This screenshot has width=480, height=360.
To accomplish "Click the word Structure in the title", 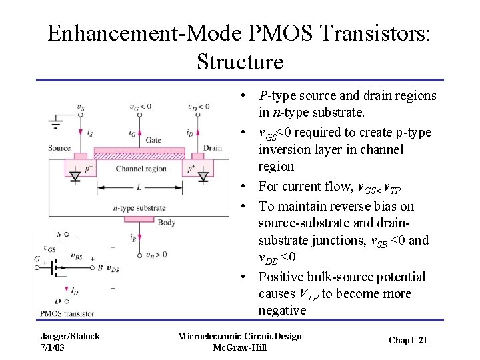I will [240, 61].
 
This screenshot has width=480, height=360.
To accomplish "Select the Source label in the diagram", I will [60, 148].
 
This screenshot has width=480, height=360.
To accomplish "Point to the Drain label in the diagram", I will [213, 148].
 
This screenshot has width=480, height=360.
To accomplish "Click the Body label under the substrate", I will [167, 223].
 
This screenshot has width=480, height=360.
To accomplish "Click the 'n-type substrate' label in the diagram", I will [139, 208].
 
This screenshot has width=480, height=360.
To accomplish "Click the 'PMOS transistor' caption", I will [67, 313].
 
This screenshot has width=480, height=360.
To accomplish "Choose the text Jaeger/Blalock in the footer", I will [70, 336].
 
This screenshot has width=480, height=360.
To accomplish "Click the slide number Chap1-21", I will [408, 341].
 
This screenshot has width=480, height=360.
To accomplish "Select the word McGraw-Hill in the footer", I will [239, 347].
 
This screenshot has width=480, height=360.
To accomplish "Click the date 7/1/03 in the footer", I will [53, 347].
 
